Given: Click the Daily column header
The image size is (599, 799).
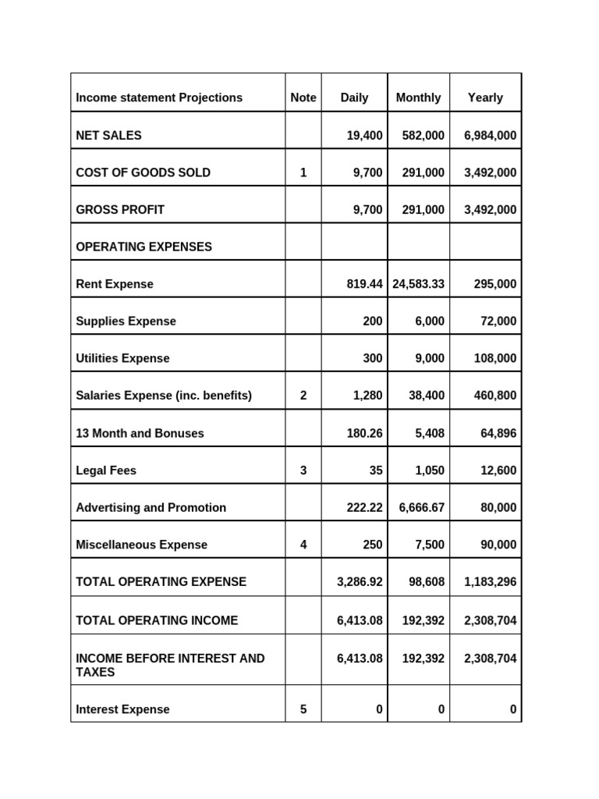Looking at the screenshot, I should (x=354, y=98).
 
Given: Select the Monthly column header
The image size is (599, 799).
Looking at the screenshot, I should (x=418, y=98).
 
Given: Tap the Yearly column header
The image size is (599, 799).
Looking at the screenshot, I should (x=485, y=98).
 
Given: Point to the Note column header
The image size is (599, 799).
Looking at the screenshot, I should (x=303, y=98).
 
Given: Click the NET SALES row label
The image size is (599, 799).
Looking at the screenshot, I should (x=109, y=135).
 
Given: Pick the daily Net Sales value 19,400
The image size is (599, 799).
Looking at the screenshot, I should (x=364, y=135).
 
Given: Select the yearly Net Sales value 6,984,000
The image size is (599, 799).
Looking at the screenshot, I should (x=490, y=135).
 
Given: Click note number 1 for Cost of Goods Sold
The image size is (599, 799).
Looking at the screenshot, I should (x=303, y=172).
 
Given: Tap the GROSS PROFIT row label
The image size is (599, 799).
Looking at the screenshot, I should (x=120, y=209).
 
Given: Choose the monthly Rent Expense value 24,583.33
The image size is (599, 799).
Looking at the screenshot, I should (x=419, y=284).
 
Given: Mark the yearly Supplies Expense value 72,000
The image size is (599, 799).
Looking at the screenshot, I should (x=499, y=321).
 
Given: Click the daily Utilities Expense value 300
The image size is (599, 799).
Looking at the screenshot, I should (x=372, y=358).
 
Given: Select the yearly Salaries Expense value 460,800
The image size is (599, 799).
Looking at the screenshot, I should (x=495, y=396).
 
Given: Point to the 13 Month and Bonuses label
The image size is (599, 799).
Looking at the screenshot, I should (x=140, y=433).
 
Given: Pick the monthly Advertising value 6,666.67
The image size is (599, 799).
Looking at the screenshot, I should (x=422, y=507).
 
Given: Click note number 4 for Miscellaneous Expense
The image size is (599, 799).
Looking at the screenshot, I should (x=303, y=545).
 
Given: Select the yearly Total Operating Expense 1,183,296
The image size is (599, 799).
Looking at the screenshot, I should (x=490, y=581).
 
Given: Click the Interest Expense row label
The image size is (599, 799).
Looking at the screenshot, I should (x=122, y=709).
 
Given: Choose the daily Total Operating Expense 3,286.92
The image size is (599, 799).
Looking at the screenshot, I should (x=360, y=581).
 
